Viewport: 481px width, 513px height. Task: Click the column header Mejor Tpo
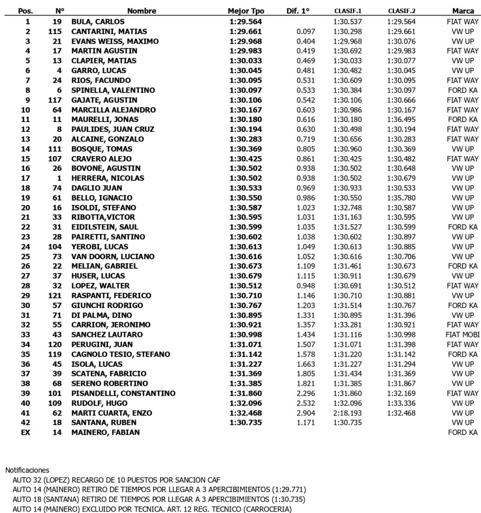coord(246,11)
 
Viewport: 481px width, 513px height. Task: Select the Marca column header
coord(463,11)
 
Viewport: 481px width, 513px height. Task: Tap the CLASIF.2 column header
coord(402,11)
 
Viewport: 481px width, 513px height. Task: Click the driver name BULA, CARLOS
coord(98,22)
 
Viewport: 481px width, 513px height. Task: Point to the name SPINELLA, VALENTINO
coord(113,90)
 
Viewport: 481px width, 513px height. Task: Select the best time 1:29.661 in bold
coord(245,32)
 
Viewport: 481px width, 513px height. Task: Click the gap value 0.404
coord(306,41)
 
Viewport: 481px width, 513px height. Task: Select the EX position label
coord(28,433)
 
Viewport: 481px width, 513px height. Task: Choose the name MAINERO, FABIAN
coord(106,433)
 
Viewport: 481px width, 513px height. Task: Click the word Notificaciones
coord(27,470)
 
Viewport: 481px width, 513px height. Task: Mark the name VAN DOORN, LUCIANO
coord(113,256)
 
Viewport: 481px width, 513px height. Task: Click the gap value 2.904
coord(306,413)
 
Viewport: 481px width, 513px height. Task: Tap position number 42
coord(28,423)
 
